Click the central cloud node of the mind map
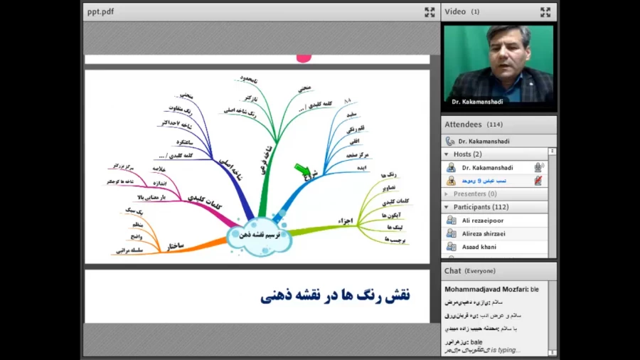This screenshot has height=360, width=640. [x=258, y=235]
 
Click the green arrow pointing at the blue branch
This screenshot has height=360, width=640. [x=303, y=170]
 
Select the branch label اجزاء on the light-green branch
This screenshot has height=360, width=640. [x=346, y=221]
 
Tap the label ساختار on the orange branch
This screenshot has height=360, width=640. [x=175, y=246]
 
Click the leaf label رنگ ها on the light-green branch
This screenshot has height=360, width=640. [x=388, y=175]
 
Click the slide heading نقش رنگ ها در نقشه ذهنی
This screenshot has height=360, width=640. [x=335, y=295]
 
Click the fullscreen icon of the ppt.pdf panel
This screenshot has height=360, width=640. [x=430, y=11]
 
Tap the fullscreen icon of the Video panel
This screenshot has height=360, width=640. [x=545, y=11]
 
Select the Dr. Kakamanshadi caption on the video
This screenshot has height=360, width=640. [x=477, y=102]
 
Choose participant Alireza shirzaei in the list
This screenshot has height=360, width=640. [x=484, y=233]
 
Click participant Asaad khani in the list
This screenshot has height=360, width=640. [x=479, y=247]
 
